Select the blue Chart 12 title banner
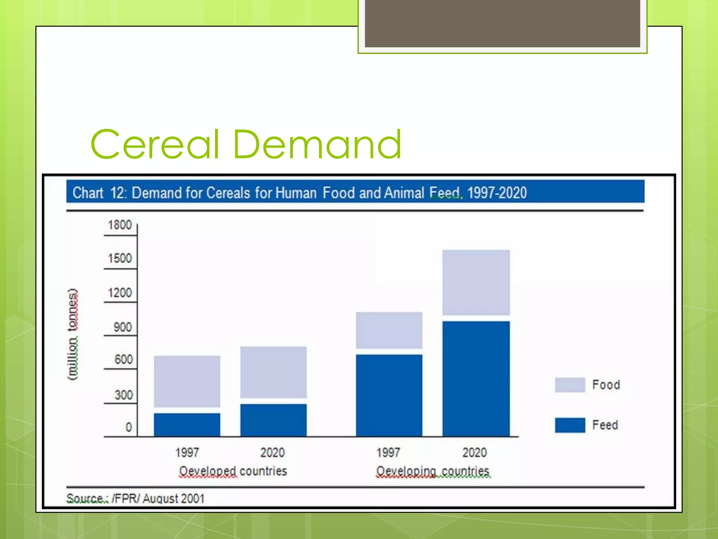click(355, 192)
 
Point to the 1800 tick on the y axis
click(120, 225)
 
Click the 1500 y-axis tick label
click(120, 259)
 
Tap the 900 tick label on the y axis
click(122, 327)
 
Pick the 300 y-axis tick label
click(123, 395)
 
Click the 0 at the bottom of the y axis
click(129, 427)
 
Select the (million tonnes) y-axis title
click(73, 334)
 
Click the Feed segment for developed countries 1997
click(187, 425)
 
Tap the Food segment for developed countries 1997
click(187, 381)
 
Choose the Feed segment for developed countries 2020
click(273, 420)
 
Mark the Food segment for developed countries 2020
click(273, 372)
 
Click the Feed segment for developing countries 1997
click(389, 395)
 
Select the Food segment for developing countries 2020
click(476, 282)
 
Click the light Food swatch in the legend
click(570, 385)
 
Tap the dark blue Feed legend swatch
click(570, 425)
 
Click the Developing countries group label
click(433, 471)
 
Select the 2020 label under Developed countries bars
click(272, 453)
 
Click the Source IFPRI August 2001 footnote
click(135, 498)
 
